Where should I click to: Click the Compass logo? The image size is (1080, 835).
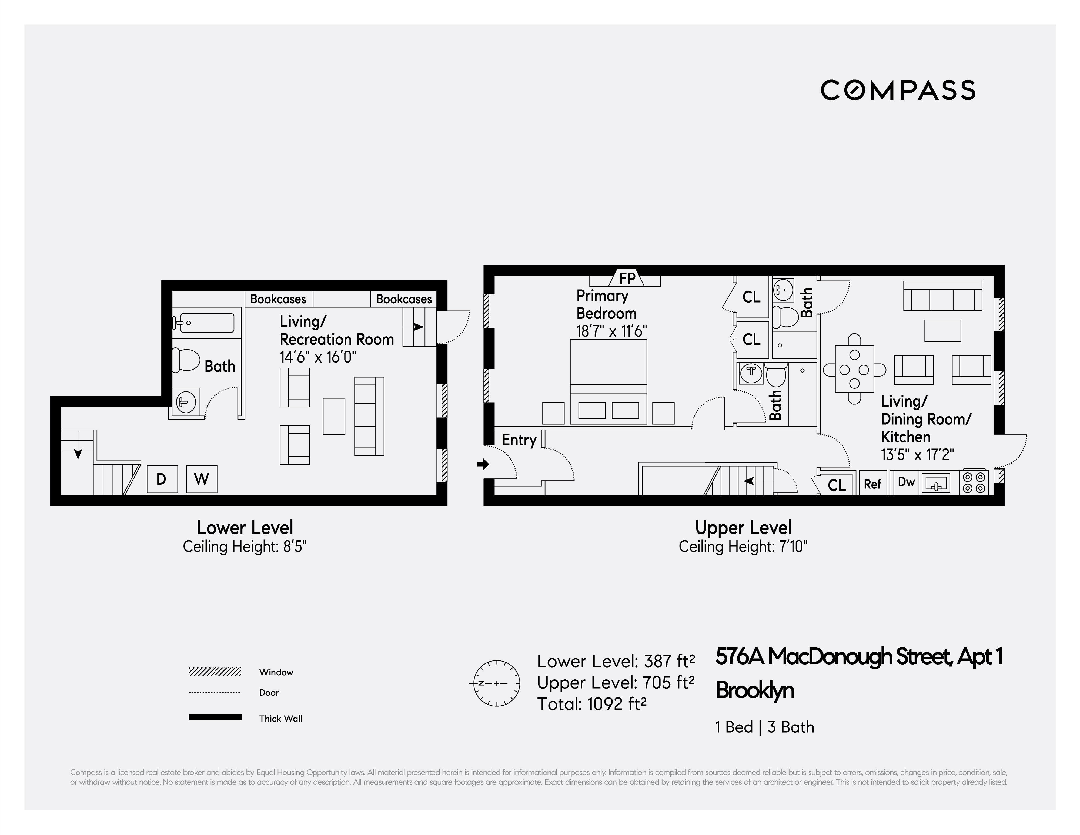click(898, 90)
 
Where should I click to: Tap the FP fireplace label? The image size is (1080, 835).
click(627, 278)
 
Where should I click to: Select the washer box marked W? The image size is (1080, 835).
click(201, 479)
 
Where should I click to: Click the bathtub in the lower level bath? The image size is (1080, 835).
click(204, 323)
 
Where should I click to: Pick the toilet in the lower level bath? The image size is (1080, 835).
click(185, 359)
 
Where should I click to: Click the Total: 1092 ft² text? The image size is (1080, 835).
click(592, 703)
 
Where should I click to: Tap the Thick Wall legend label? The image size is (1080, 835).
click(280, 718)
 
